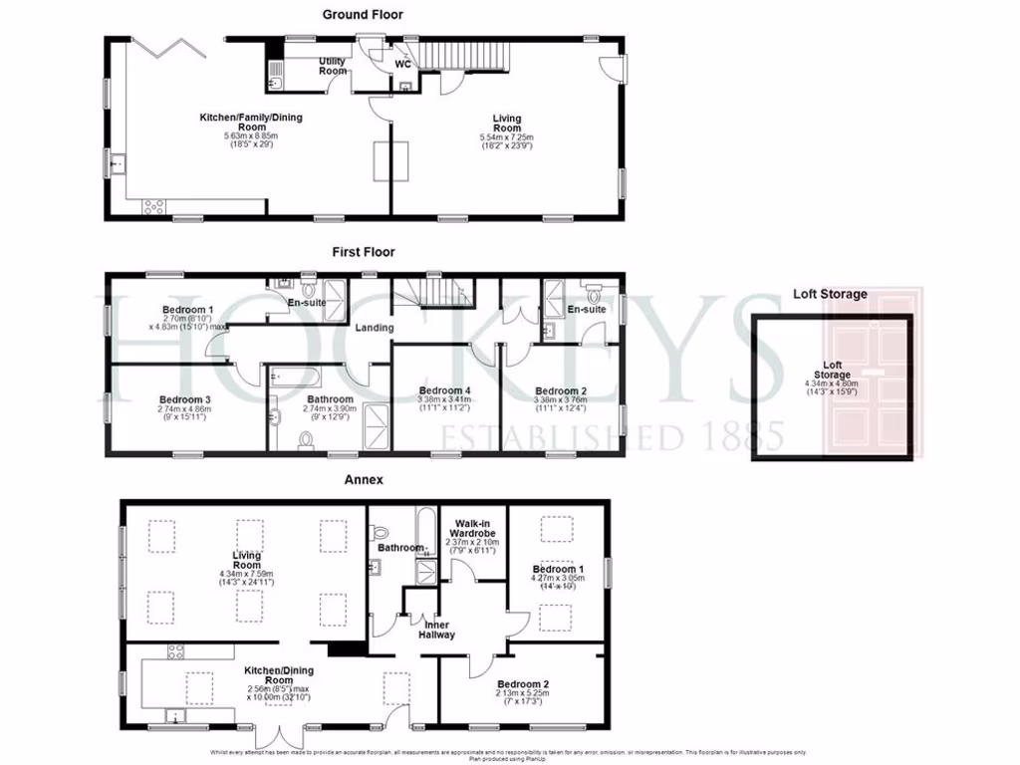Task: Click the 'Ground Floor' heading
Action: click(x=363, y=15)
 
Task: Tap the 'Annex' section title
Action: click(x=364, y=479)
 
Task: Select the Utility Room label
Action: click(x=333, y=67)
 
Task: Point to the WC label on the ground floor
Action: click(x=403, y=64)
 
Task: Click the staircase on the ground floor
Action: click(x=461, y=56)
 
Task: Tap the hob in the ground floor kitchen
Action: click(x=155, y=206)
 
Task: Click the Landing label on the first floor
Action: click(x=375, y=328)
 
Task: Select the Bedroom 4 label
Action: click(x=445, y=390)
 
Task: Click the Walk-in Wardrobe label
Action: click(x=476, y=529)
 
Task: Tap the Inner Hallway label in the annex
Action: click(x=436, y=630)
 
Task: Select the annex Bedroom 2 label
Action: click(x=523, y=684)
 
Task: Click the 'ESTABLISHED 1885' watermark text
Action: click(x=613, y=436)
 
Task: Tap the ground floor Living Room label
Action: click(x=507, y=124)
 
